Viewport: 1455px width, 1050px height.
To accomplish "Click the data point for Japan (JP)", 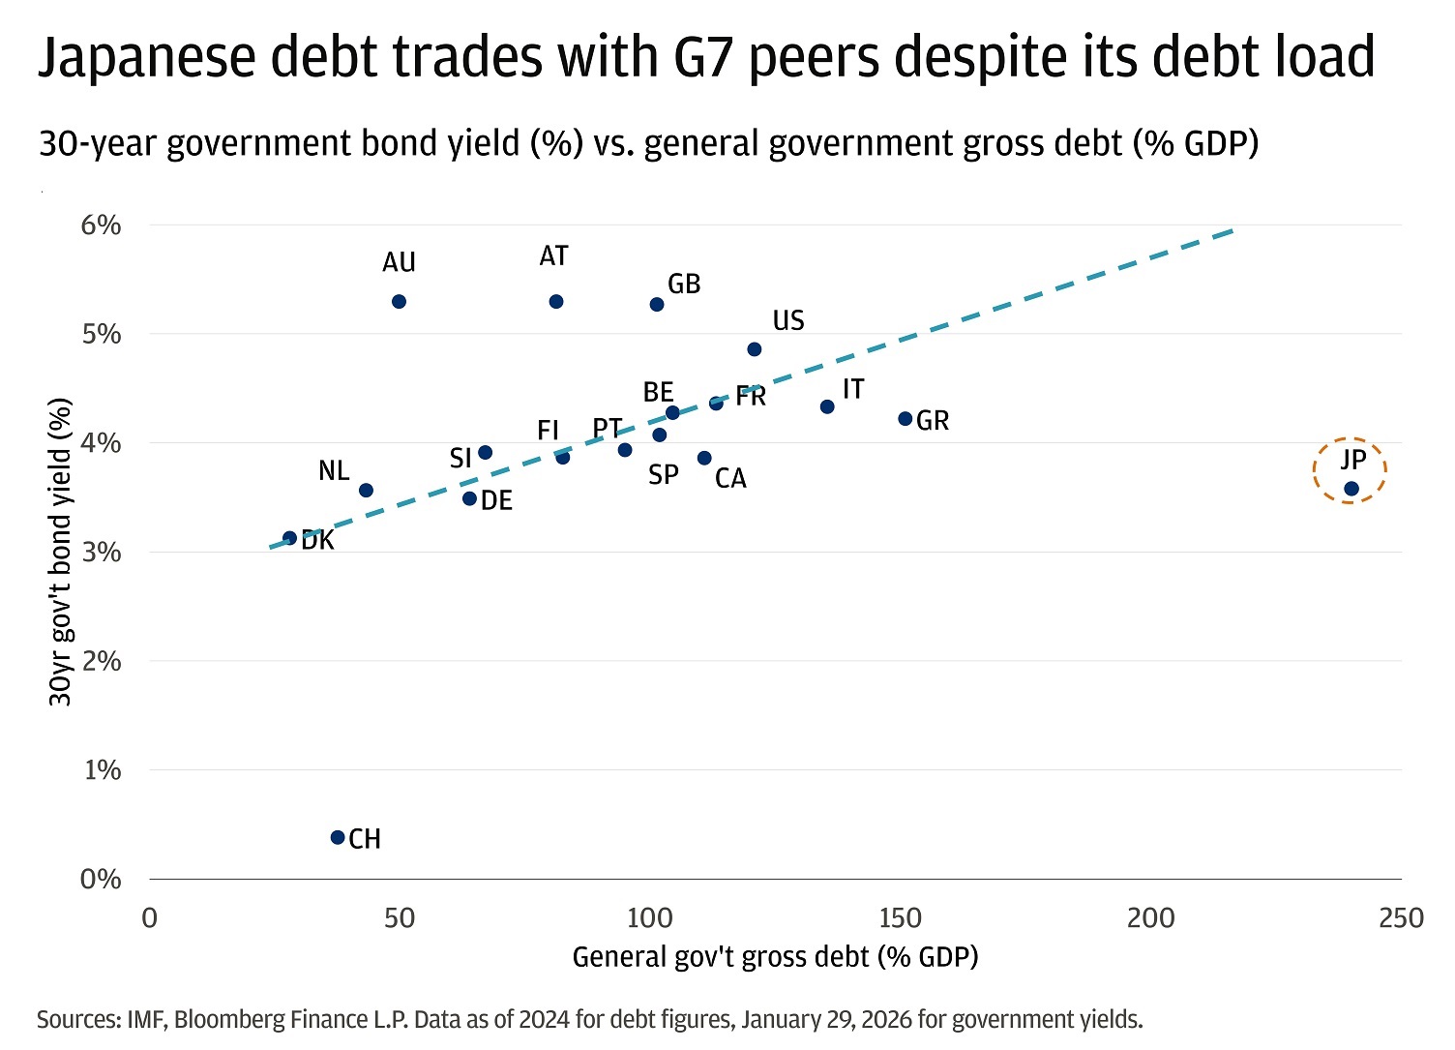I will [1351, 489].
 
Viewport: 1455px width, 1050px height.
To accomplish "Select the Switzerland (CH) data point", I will [338, 837].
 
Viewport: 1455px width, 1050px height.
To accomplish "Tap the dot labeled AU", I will [399, 302].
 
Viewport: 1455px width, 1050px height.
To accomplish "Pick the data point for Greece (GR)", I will [906, 419].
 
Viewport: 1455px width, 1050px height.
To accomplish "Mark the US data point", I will [755, 349].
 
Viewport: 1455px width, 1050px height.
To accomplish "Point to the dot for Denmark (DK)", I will [289, 538].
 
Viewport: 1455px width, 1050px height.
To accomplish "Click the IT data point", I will [827, 407].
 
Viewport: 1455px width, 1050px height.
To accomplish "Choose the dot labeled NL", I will [366, 491].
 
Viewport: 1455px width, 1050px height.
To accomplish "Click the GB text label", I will [684, 285].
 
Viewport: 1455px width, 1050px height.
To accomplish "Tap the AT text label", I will [553, 256].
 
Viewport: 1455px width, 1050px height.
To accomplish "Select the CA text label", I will [730, 479].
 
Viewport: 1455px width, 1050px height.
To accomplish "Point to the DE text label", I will [496, 501].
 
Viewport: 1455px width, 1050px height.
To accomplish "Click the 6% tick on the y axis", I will [101, 225].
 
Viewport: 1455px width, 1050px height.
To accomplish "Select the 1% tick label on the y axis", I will [102, 770].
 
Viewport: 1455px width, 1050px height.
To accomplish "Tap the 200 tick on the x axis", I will [1150, 918].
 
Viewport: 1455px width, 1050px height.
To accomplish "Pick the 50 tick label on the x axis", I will [399, 918].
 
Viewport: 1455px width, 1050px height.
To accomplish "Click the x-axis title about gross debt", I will [775, 957].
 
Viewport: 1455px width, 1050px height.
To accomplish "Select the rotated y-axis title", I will [60, 552].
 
